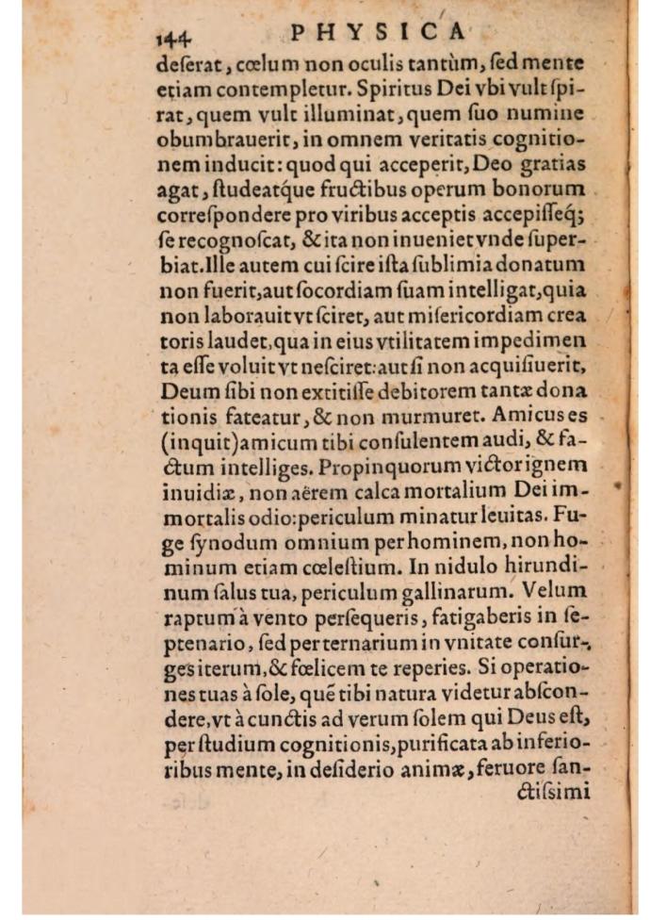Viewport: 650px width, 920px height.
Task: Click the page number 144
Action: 173,35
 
